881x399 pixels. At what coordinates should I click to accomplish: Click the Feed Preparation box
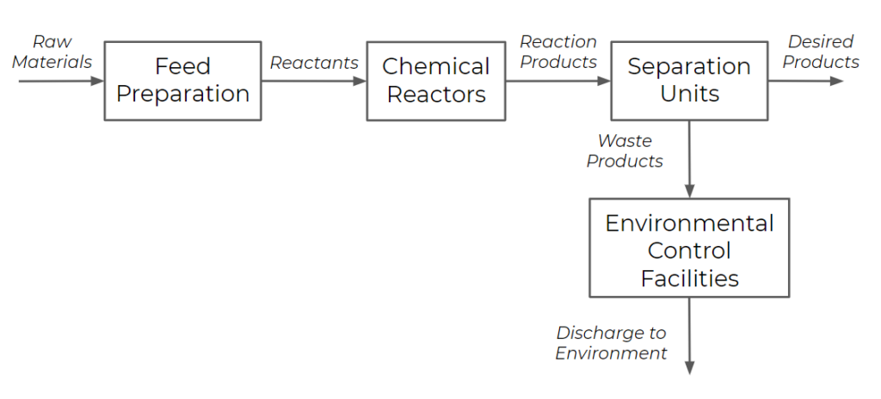click(x=182, y=80)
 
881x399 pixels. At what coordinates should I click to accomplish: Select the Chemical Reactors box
click(x=436, y=80)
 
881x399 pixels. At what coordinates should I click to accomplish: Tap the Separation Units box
click(x=688, y=80)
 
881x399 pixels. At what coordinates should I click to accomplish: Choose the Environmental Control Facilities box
click(x=689, y=250)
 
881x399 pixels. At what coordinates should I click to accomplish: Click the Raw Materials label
click(x=52, y=52)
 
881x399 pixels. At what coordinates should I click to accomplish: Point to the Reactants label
click(x=314, y=63)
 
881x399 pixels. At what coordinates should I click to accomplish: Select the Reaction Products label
click(x=558, y=52)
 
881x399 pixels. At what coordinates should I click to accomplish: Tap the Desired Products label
click(x=821, y=52)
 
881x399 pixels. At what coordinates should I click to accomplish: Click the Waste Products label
click(x=625, y=150)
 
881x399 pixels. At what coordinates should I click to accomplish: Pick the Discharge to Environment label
click(x=611, y=342)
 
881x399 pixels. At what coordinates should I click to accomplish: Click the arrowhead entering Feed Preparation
click(x=96, y=81)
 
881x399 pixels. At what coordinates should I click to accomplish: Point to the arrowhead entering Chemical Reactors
click(x=359, y=81)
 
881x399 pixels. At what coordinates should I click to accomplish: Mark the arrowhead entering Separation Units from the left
click(x=603, y=81)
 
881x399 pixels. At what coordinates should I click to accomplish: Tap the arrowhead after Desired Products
click(x=837, y=81)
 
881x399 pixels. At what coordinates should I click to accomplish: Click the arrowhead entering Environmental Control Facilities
click(x=689, y=191)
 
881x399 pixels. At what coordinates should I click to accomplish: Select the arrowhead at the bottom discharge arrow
click(x=689, y=367)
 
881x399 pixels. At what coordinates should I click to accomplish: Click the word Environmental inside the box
click(x=689, y=224)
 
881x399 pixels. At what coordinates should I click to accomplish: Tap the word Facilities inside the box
click(x=689, y=278)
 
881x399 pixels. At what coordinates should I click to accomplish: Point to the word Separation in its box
click(x=688, y=66)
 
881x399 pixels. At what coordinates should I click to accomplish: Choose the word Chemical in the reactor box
click(x=436, y=66)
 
